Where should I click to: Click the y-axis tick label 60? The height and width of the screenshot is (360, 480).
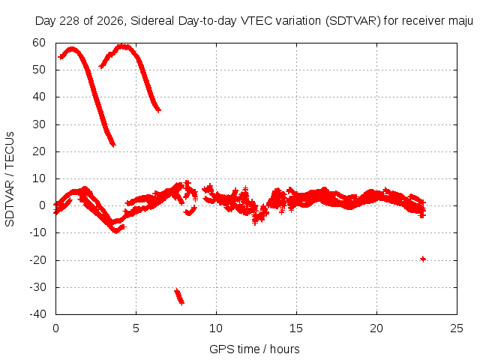click(39, 43)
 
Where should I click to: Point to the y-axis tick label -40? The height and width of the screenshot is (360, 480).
click(37, 314)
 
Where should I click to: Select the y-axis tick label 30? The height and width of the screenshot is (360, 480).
click(39, 124)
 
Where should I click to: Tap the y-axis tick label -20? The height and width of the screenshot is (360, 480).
click(37, 260)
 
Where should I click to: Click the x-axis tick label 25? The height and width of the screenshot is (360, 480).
click(457, 328)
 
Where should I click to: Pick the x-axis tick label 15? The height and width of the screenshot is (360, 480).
click(296, 328)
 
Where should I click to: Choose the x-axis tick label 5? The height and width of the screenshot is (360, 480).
click(136, 328)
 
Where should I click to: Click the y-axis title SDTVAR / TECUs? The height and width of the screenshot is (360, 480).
click(10, 179)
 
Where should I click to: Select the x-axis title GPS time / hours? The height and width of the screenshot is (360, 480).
click(254, 349)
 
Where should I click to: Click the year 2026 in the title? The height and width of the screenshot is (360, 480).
click(110, 21)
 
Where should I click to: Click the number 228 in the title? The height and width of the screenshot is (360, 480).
click(70, 21)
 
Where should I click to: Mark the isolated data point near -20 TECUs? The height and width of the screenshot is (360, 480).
click(423, 259)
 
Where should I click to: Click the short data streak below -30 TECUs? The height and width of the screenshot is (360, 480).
click(179, 297)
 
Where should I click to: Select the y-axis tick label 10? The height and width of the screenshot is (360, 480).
click(39, 178)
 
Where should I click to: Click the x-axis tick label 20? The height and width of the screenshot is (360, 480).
click(376, 328)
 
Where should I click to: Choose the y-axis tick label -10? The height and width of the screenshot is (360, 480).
click(37, 232)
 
